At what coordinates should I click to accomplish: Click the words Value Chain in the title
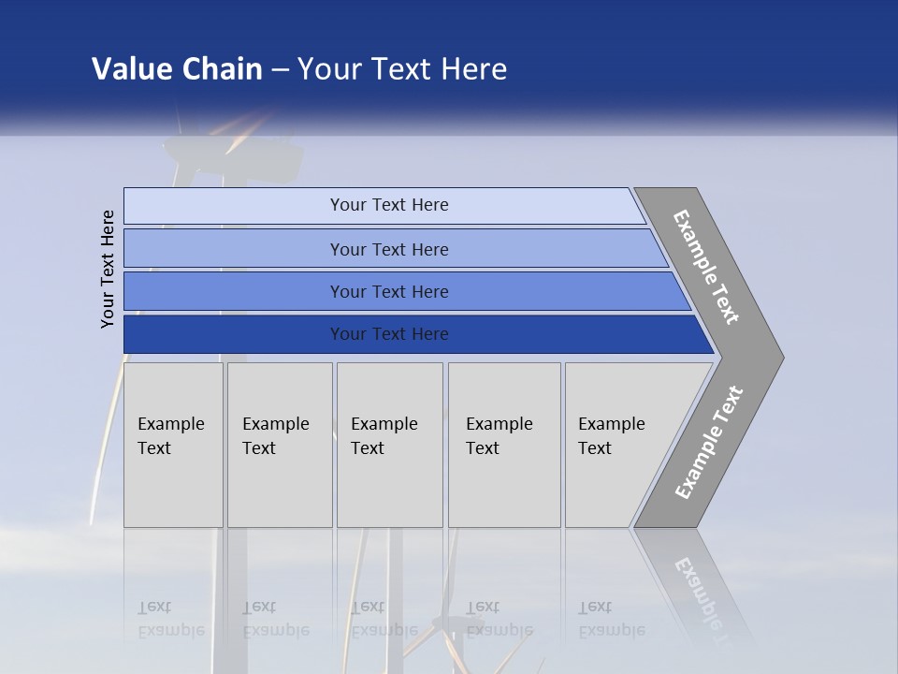[x=177, y=69]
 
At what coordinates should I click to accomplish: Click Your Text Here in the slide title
[x=402, y=69]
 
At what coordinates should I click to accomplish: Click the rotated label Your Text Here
[x=108, y=269]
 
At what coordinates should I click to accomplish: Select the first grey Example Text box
[x=173, y=445]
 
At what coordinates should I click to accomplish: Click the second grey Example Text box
[x=280, y=445]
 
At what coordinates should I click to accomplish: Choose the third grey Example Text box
[x=389, y=445]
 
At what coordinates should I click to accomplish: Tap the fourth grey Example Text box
[x=504, y=445]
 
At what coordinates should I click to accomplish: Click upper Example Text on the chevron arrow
[x=706, y=267]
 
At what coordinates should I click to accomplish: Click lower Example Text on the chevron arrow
[x=709, y=442]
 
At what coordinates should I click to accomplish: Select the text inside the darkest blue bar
[x=389, y=334]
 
